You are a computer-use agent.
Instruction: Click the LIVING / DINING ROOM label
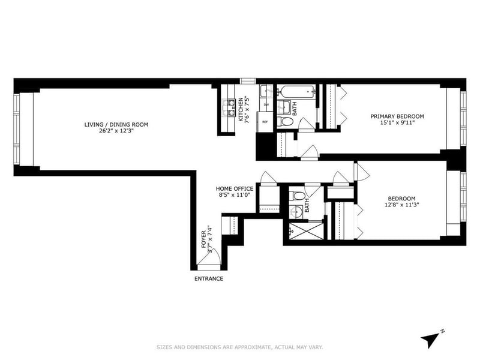click(116, 125)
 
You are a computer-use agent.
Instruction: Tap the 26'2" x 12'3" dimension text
click(116, 132)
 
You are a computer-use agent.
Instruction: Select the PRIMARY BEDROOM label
click(397, 116)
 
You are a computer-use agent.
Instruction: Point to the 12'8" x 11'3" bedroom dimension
click(401, 205)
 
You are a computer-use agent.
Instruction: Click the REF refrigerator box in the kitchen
click(265, 122)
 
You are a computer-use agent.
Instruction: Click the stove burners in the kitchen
click(229, 109)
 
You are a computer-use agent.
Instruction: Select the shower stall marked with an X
click(304, 230)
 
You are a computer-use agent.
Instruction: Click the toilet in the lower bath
click(296, 196)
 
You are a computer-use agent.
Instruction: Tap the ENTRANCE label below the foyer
click(208, 279)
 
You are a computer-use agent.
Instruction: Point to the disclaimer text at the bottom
click(240, 347)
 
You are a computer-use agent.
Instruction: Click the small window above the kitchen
click(248, 80)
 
